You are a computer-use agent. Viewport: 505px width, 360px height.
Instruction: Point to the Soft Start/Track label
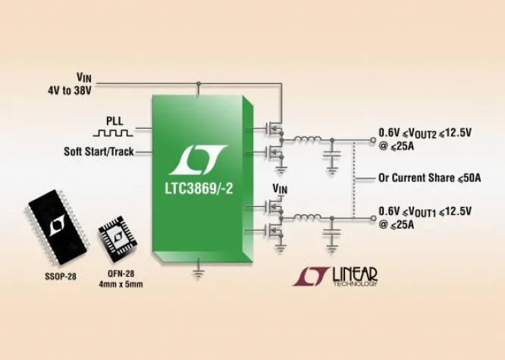click(99, 152)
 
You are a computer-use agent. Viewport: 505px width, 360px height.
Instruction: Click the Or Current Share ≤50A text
click(430, 178)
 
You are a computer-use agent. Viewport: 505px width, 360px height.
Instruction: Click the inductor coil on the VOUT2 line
click(306, 139)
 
